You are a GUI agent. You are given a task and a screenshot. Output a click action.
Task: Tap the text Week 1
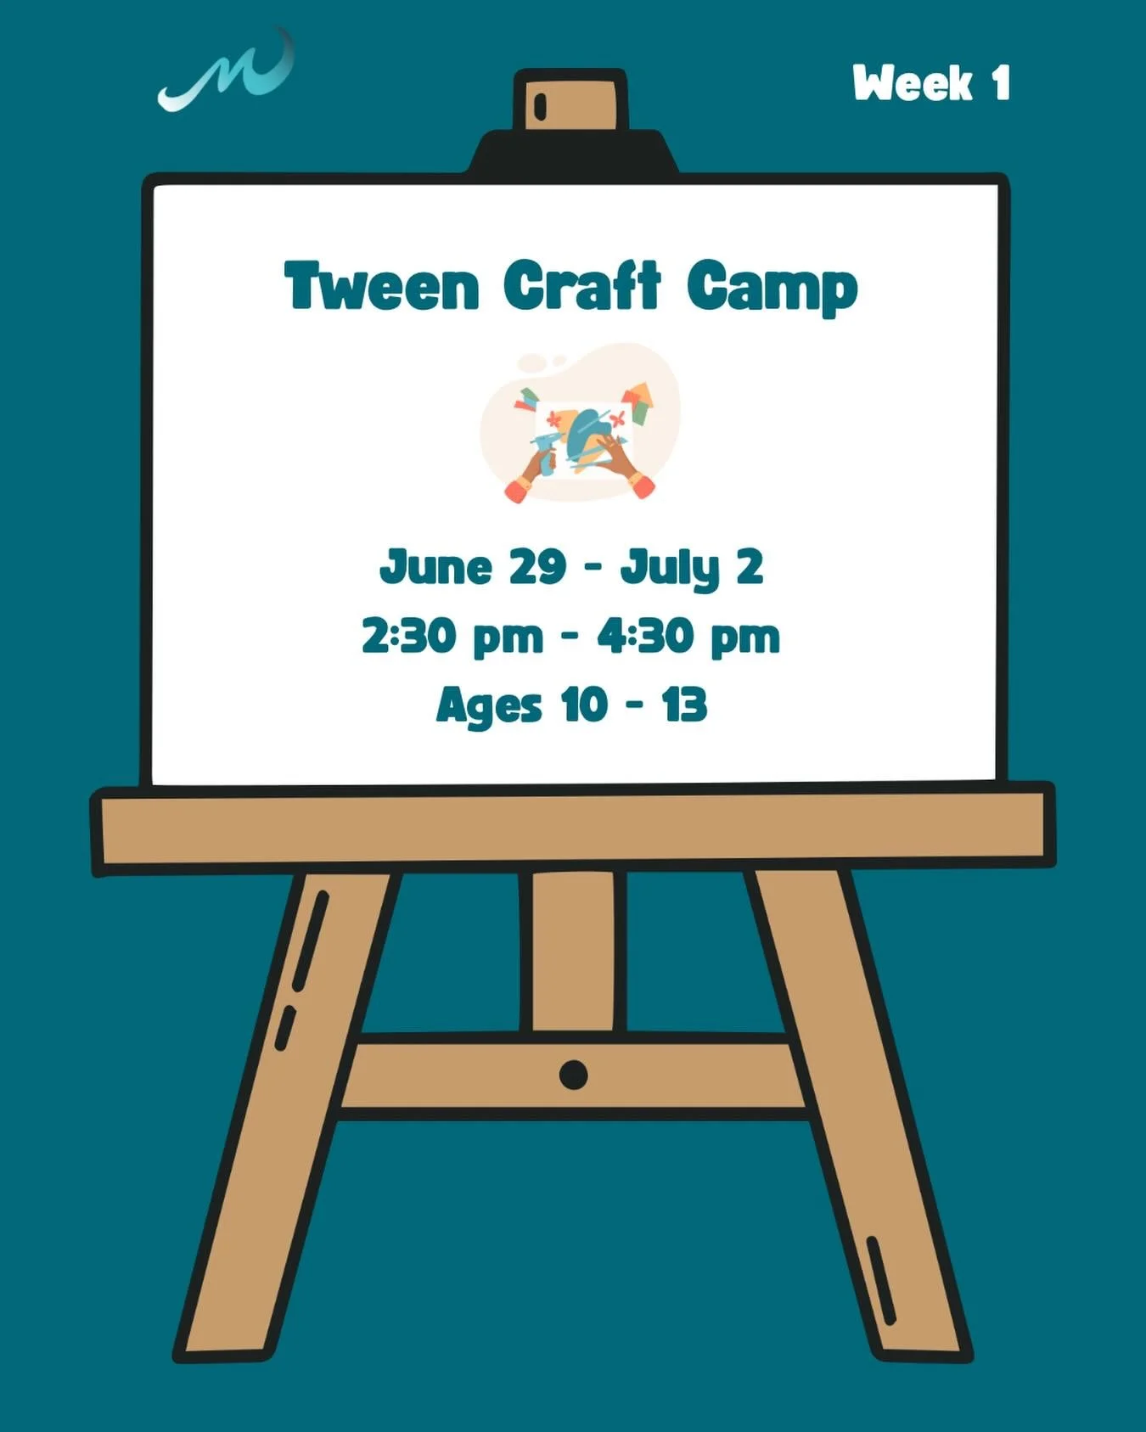931,84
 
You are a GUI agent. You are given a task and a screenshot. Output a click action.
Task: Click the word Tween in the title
382,286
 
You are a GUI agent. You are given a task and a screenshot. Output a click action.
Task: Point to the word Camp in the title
772,289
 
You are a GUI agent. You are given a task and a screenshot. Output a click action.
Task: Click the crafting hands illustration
581,424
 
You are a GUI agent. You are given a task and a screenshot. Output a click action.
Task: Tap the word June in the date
435,567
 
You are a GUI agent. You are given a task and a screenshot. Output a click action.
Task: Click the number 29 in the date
537,566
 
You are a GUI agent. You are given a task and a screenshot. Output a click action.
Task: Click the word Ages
488,706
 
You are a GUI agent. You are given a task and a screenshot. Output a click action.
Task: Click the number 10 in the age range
584,705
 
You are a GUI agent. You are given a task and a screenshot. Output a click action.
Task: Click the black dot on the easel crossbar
574,1075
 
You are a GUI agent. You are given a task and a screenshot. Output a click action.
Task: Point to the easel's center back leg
573,951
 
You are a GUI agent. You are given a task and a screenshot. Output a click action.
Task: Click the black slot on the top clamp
540,105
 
